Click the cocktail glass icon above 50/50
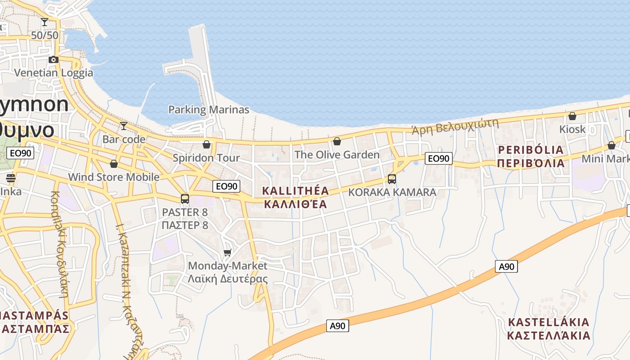45,22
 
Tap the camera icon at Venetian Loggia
54,59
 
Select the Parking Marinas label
208,109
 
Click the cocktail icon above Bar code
124,126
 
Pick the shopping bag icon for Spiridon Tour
207,144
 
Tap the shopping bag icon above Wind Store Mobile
114,163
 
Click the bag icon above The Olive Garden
337,141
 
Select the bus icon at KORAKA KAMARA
392,179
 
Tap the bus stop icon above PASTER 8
184,198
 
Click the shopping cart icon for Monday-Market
228,252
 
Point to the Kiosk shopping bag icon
572,116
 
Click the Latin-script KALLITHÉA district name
296,191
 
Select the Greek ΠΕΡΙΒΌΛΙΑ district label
531,163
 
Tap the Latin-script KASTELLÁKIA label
548,322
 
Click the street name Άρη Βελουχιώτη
455,126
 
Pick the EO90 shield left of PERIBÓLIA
438,158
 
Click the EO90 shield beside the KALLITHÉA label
226,186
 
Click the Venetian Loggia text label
54,73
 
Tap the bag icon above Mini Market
611,145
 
